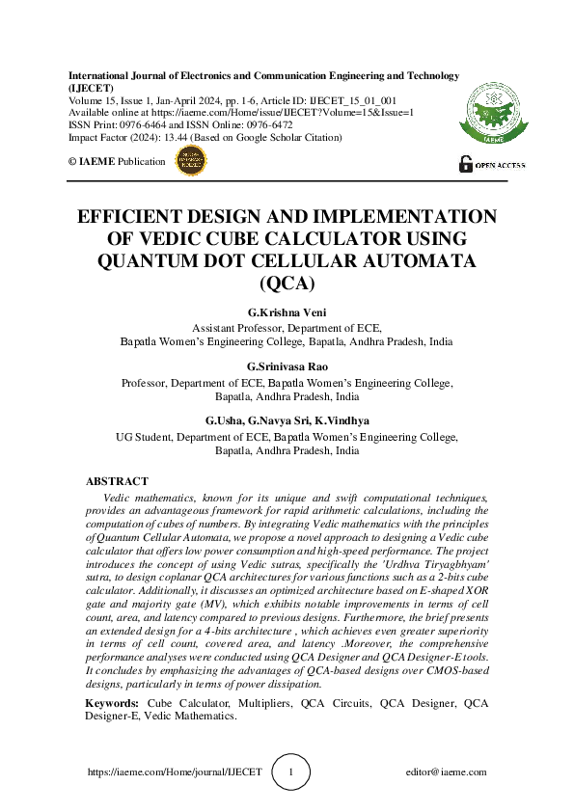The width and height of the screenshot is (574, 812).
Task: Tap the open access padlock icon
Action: click(x=465, y=164)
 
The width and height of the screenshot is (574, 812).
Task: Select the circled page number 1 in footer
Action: click(x=293, y=771)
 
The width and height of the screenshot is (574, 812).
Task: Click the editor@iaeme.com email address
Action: click(x=447, y=772)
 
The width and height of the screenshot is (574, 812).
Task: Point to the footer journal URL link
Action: click(x=175, y=772)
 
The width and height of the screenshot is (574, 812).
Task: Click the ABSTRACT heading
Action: click(x=117, y=481)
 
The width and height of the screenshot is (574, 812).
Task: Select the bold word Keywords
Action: click(x=111, y=704)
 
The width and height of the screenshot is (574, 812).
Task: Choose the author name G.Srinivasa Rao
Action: click(x=287, y=367)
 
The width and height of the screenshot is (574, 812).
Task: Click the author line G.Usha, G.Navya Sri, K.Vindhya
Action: click(x=287, y=421)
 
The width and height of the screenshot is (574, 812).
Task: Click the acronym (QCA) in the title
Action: click(x=287, y=284)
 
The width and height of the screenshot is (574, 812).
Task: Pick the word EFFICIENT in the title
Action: click(x=133, y=216)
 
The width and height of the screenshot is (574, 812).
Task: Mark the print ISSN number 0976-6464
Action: click(x=144, y=125)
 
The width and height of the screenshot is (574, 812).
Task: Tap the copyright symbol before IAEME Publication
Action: click(x=72, y=162)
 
